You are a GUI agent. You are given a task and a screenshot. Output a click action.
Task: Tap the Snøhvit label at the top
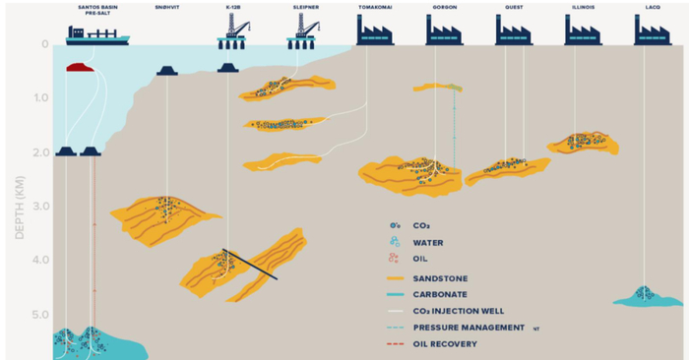pyautogui.click(x=166, y=8)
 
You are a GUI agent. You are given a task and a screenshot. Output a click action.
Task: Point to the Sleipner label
pyautogui.click(x=303, y=8)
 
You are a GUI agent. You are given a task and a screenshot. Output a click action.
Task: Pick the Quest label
pyautogui.click(x=512, y=8)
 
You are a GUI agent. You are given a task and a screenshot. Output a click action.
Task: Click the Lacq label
pyautogui.click(x=653, y=8)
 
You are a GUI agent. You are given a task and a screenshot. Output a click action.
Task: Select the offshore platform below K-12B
pyautogui.click(x=231, y=34)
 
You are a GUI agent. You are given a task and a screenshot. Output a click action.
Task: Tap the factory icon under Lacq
pyautogui.click(x=653, y=32)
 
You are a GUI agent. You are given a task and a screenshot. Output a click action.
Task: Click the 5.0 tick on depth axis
pyautogui.click(x=40, y=315)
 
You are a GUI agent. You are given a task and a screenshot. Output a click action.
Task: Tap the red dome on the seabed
pyautogui.click(x=80, y=68)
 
